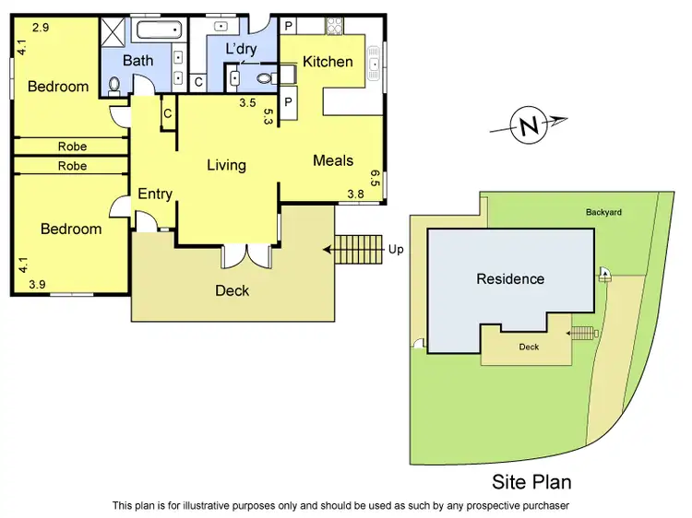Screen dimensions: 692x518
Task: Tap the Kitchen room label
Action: pos(328,62)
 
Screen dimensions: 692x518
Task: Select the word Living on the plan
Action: pos(226,165)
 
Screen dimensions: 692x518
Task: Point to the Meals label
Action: pos(333,160)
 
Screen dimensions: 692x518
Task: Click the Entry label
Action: pos(155,194)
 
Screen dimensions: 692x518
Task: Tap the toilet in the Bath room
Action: pos(114,86)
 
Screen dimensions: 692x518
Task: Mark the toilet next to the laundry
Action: pos(264,78)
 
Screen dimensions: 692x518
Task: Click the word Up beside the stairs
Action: pos(395,249)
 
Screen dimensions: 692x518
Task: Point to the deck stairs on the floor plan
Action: pos(356,248)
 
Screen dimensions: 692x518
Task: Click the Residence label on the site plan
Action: pos(509,278)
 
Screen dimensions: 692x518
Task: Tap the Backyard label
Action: pos(603,212)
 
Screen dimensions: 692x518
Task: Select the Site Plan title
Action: pos(531,482)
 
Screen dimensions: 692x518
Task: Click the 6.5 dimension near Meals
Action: pos(375,178)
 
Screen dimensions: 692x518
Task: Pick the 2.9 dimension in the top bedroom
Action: pos(40,29)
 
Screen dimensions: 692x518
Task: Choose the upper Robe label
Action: pos(72,146)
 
